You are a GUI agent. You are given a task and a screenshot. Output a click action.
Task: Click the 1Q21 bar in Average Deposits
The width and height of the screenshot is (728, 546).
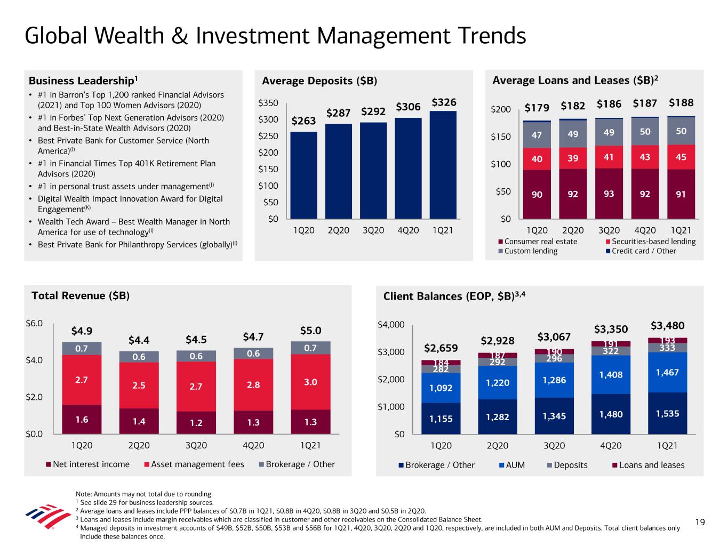point(443,165)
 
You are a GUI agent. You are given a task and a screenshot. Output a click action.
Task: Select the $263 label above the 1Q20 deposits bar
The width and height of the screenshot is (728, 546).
point(303,121)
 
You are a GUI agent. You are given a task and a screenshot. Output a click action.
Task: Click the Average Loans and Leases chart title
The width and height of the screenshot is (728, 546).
point(575,81)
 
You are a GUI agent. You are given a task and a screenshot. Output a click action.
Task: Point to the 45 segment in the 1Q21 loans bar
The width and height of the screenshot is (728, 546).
point(681,157)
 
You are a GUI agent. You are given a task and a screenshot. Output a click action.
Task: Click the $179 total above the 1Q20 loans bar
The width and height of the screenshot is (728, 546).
point(537,108)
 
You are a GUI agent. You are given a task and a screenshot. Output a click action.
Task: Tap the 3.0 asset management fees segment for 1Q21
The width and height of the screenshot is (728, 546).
point(310,382)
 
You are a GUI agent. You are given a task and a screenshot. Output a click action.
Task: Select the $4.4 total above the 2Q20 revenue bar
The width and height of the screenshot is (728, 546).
point(139,340)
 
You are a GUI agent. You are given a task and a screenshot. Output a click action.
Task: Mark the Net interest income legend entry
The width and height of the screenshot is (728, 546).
point(87,464)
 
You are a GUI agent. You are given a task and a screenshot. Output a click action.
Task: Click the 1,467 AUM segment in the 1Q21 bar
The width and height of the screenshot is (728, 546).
point(668,372)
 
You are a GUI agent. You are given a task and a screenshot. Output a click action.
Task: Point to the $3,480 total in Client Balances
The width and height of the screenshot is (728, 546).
point(667,325)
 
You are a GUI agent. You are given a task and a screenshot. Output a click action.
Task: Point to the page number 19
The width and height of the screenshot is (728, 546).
point(700,523)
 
